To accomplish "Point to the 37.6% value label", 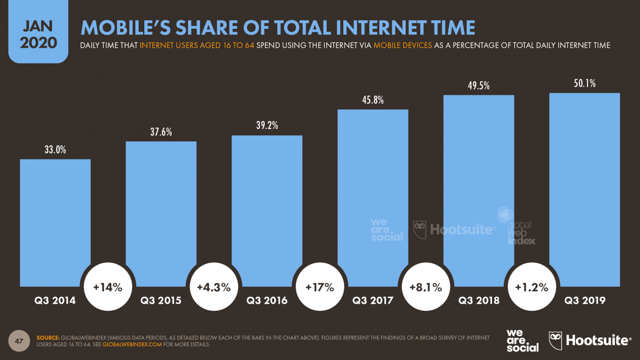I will pos(161,132).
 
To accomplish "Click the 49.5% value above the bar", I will pos(478,86).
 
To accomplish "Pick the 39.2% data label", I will pos(267,125).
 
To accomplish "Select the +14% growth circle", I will pos(108,287).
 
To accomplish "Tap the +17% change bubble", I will pos(320,287).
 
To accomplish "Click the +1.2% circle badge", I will pos(531,287).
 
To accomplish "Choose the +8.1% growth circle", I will pos(426,287).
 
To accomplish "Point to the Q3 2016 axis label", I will pos(267,301).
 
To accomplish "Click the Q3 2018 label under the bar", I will pos(479,301).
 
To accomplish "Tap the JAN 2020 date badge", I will pos(38,34).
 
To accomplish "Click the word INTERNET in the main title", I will pos(381,28).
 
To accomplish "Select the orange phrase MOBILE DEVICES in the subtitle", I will pos(402,45).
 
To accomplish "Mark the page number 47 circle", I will pos(19,341).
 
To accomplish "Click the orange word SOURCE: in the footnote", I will pos(48,337).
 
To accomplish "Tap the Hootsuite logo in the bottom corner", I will pos(590,341).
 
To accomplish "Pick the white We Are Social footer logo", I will pos(522,341).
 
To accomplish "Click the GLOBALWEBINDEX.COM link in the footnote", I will pos(132,344).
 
